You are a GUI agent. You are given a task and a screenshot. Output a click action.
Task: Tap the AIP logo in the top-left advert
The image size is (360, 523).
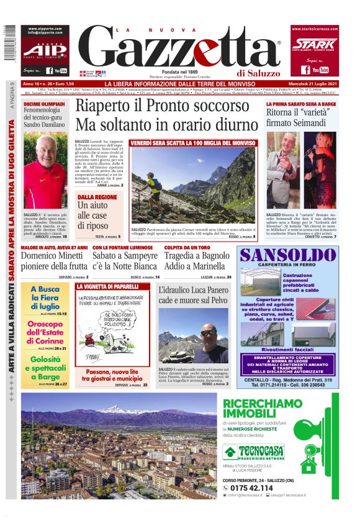coord(45,50)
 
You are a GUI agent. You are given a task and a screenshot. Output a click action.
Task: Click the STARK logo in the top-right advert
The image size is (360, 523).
coord(314,45)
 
